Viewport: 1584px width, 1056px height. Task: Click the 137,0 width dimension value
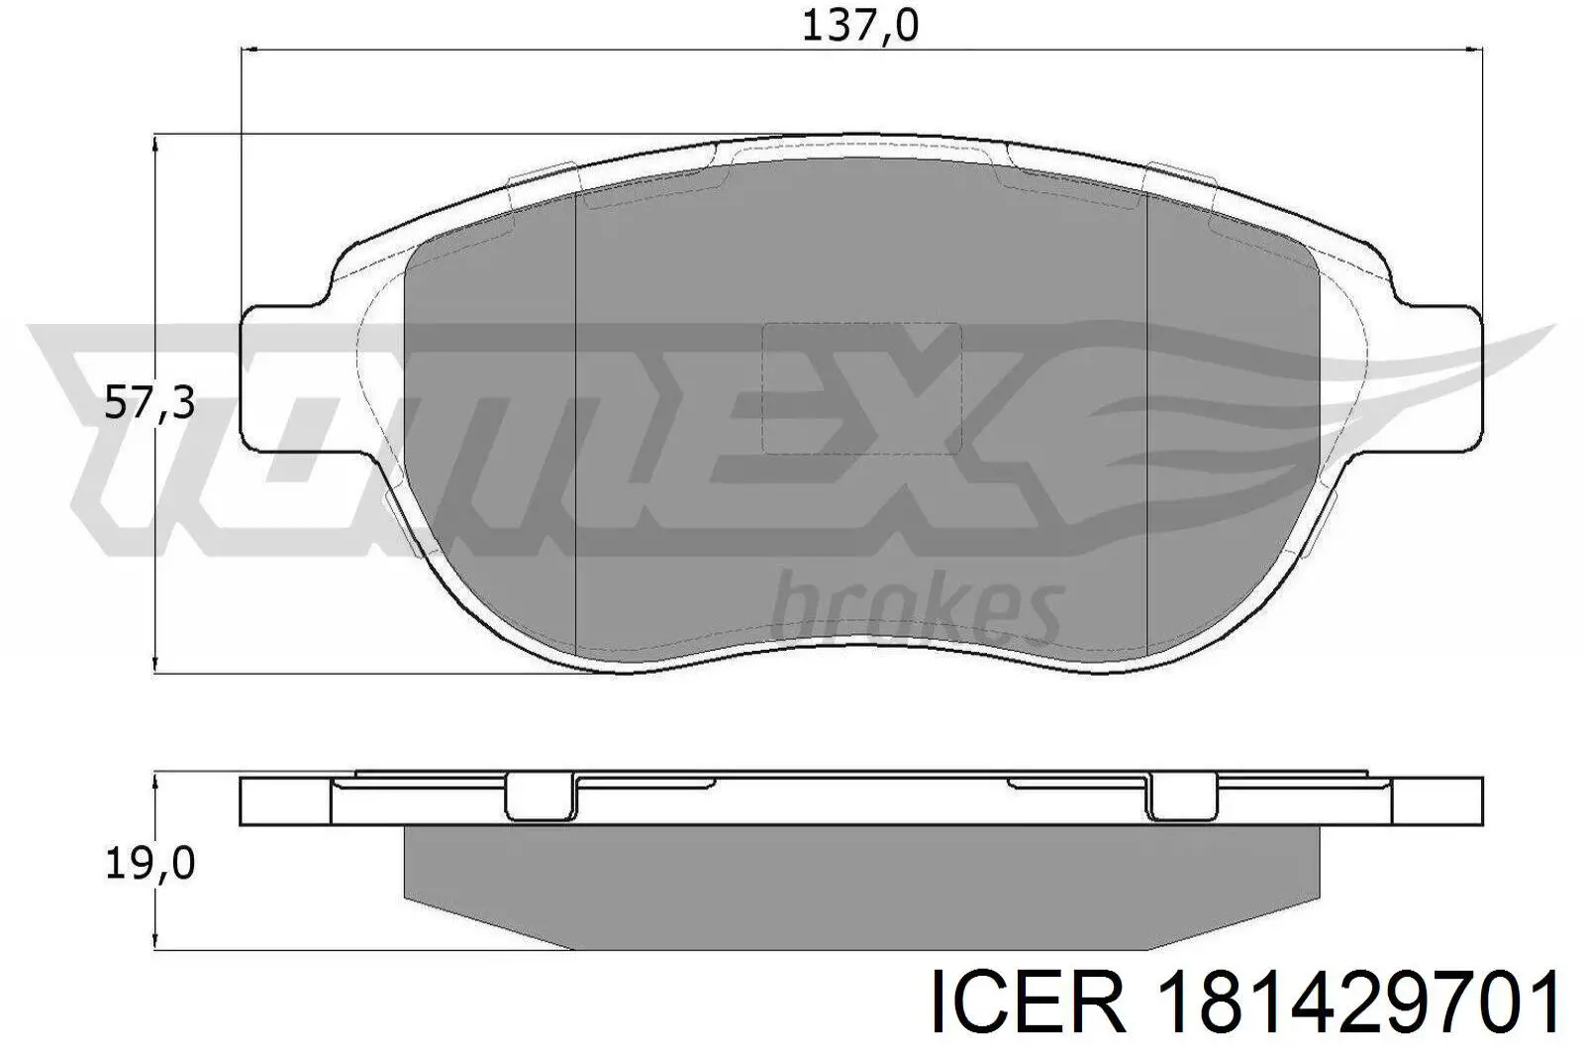[860, 27]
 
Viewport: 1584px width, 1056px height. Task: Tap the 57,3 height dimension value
[149, 404]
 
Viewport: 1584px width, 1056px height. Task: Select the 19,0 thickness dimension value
[149, 864]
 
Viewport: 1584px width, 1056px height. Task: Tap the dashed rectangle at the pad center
[861, 388]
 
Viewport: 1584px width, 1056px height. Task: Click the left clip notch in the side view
[542, 796]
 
